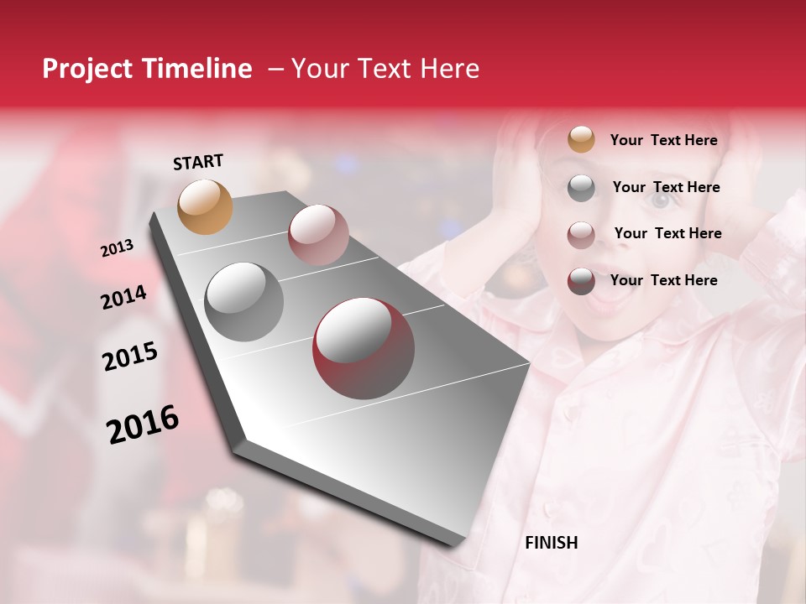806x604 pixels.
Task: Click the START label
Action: coord(198,162)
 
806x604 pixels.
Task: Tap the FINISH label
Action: coord(552,543)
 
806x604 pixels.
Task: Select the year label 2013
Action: coord(118,248)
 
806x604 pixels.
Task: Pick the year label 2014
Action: coord(123,298)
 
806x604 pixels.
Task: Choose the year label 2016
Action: coord(143,424)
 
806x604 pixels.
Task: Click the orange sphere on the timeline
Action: coord(205,206)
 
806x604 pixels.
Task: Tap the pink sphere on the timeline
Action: coord(318,235)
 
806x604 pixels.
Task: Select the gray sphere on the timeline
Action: coord(244,301)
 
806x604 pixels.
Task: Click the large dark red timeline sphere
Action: coord(364,348)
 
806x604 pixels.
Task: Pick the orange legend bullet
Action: coord(581,139)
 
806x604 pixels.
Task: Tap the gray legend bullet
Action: coord(581,188)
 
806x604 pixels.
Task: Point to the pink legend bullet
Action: coord(581,234)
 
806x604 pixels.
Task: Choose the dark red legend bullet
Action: coord(581,281)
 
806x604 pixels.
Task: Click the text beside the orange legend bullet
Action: coord(663,140)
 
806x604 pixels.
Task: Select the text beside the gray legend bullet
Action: coord(666,187)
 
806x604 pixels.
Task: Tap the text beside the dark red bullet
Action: coord(663,280)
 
